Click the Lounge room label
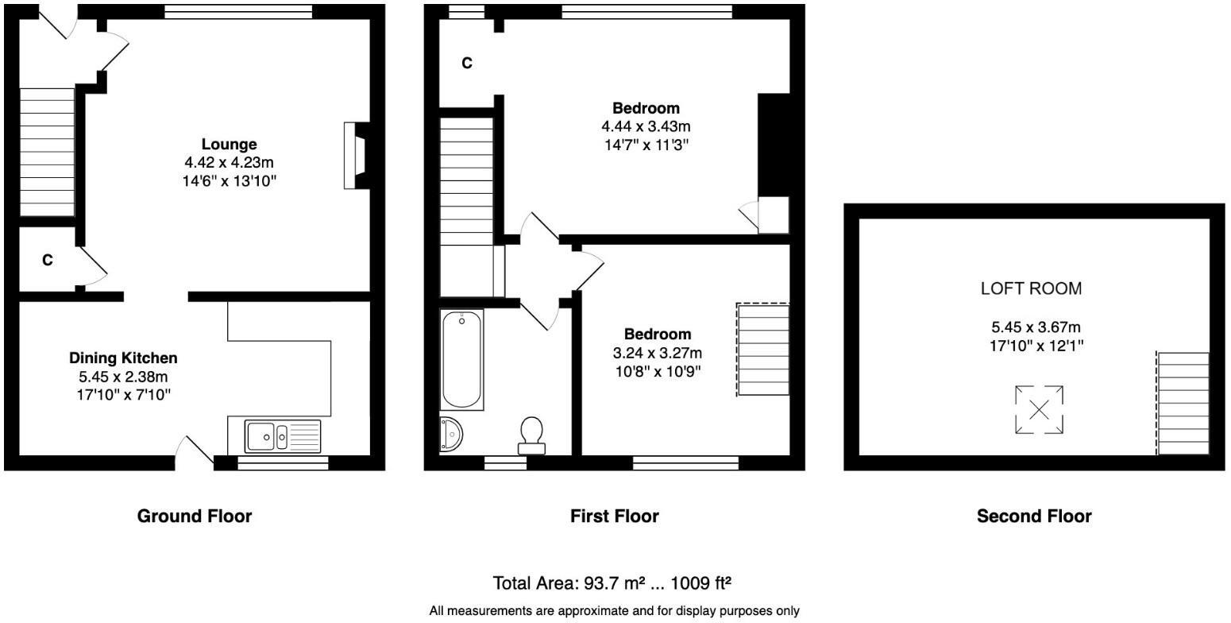coord(229,145)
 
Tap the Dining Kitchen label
coord(123,358)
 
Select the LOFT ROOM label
coord(1031,289)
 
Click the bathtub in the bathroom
coord(461,360)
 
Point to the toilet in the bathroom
coord(531,435)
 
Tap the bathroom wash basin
coord(450,435)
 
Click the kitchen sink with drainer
coord(283,436)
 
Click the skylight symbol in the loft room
coord(1039,410)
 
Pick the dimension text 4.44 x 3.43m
coord(646,127)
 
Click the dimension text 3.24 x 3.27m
coord(657,353)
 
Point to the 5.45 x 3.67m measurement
coord(1035,327)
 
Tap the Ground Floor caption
coord(195,517)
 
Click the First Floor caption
coord(614,517)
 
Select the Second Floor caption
coord(1034,517)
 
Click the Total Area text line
coord(612,583)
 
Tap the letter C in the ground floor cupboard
coord(48,261)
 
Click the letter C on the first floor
coord(467,64)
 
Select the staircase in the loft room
coord(1183,404)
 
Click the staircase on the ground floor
coord(46,151)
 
